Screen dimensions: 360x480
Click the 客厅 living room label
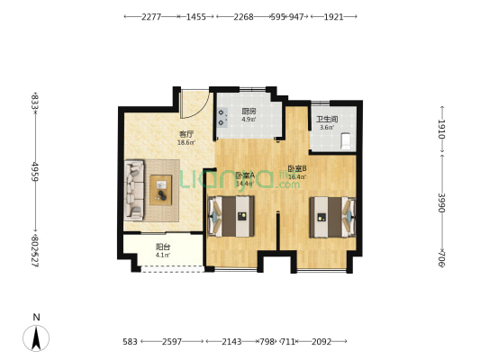pos(186,134)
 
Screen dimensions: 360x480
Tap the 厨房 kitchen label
pos(248,112)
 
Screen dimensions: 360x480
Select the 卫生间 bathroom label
pos(326,120)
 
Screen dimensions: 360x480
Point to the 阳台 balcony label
pos(163,247)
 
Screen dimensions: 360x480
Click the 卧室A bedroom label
pos(244,175)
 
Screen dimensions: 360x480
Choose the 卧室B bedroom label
pos(297,168)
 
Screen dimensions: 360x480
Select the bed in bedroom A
pos(233,216)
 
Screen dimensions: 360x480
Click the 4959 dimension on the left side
pos(34,172)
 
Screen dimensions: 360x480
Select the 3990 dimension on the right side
pos(441,203)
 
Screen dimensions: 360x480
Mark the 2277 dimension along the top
pos(151,16)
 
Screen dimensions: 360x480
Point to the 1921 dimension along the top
pos(333,16)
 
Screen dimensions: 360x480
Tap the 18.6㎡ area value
pos(186,142)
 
